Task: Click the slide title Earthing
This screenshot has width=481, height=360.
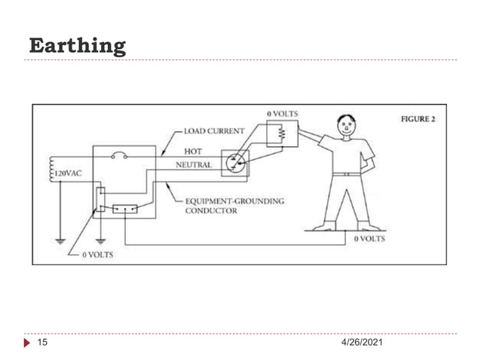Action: click(x=78, y=46)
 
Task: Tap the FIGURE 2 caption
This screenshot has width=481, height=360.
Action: click(x=418, y=119)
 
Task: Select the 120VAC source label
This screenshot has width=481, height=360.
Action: click(x=68, y=173)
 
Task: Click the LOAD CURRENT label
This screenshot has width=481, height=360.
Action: click(x=214, y=131)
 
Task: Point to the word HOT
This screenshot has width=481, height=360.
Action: click(x=193, y=151)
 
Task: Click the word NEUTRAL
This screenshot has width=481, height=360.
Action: click(x=194, y=165)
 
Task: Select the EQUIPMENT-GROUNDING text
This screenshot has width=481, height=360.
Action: click(x=234, y=201)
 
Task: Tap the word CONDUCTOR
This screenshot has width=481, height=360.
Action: click(x=211, y=211)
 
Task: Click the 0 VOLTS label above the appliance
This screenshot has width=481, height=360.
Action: click(x=282, y=114)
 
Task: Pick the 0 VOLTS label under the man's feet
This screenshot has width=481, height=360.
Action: click(x=369, y=239)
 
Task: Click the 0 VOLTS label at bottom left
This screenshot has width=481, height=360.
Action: click(x=97, y=255)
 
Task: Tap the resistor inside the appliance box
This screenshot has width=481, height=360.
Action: click(x=281, y=133)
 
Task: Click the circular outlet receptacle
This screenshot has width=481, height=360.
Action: click(x=235, y=163)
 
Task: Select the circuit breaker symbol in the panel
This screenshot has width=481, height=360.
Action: click(x=119, y=155)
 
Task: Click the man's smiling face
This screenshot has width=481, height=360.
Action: click(x=346, y=125)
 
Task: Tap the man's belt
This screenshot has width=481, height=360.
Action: click(x=347, y=174)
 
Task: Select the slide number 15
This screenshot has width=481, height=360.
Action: click(x=42, y=342)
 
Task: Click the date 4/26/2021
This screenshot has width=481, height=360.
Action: click(x=362, y=342)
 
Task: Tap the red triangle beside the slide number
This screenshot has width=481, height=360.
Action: click(x=27, y=343)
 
